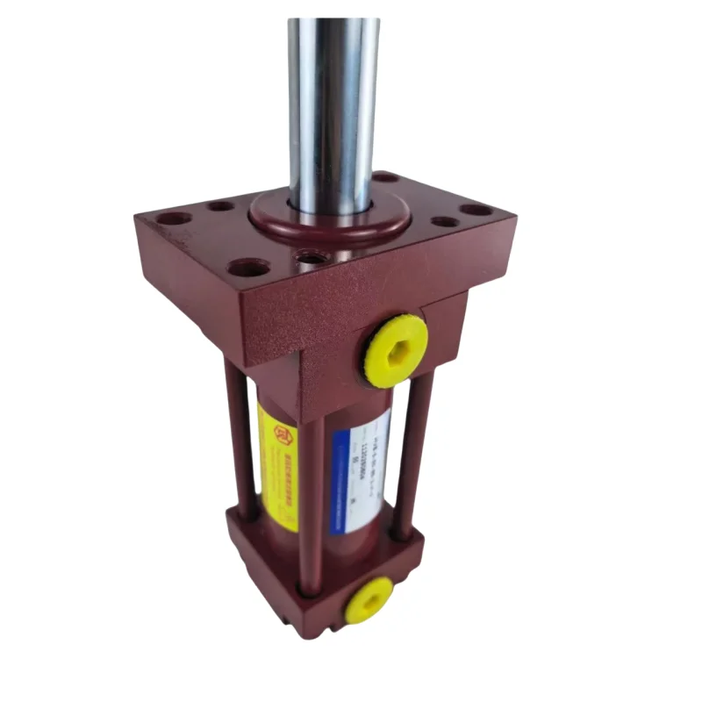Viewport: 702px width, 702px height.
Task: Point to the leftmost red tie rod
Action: click(242, 439)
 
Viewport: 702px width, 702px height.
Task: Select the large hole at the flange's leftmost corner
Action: click(174, 218)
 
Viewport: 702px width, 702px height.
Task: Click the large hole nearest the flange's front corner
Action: click(249, 268)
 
